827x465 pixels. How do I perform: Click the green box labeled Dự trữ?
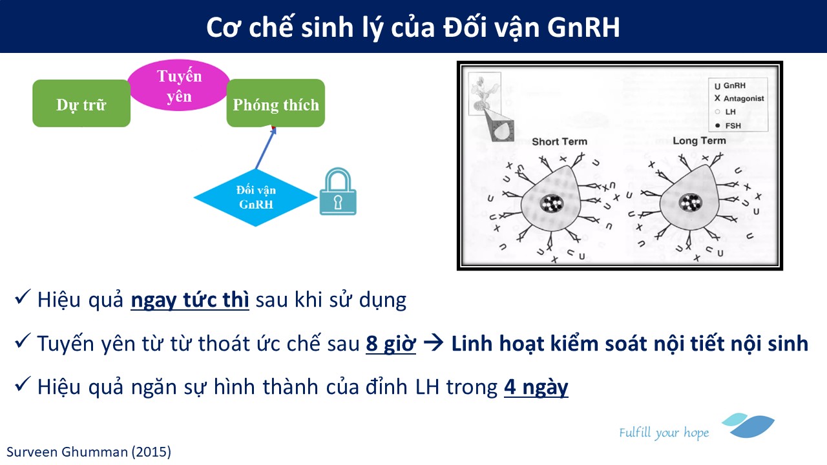point(81,103)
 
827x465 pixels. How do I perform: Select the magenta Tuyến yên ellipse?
point(179,85)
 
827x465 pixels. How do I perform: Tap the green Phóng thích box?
point(276,103)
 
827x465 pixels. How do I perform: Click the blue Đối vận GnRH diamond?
point(255,198)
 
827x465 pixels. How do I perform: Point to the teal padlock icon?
point(338,192)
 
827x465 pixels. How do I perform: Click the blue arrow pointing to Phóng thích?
point(266,148)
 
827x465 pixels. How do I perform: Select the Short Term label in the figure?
point(560,141)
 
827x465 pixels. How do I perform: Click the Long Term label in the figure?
point(699,141)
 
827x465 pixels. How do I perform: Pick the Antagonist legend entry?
point(739,99)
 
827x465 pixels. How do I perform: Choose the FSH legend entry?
point(728,125)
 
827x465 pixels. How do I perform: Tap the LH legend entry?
point(726,112)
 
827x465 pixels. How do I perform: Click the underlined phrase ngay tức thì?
point(190,300)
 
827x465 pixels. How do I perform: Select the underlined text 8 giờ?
point(391,343)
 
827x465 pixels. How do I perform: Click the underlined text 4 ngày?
point(536,387)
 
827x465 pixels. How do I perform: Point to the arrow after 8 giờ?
point(434,343)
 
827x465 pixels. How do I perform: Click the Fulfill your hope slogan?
point(664,433)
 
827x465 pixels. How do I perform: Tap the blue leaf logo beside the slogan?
point(748,426)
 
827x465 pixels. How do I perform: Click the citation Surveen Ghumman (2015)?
point(89,452)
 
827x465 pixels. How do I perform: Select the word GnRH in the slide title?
point(583,27)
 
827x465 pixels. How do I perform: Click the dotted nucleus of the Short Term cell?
point(552,203)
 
